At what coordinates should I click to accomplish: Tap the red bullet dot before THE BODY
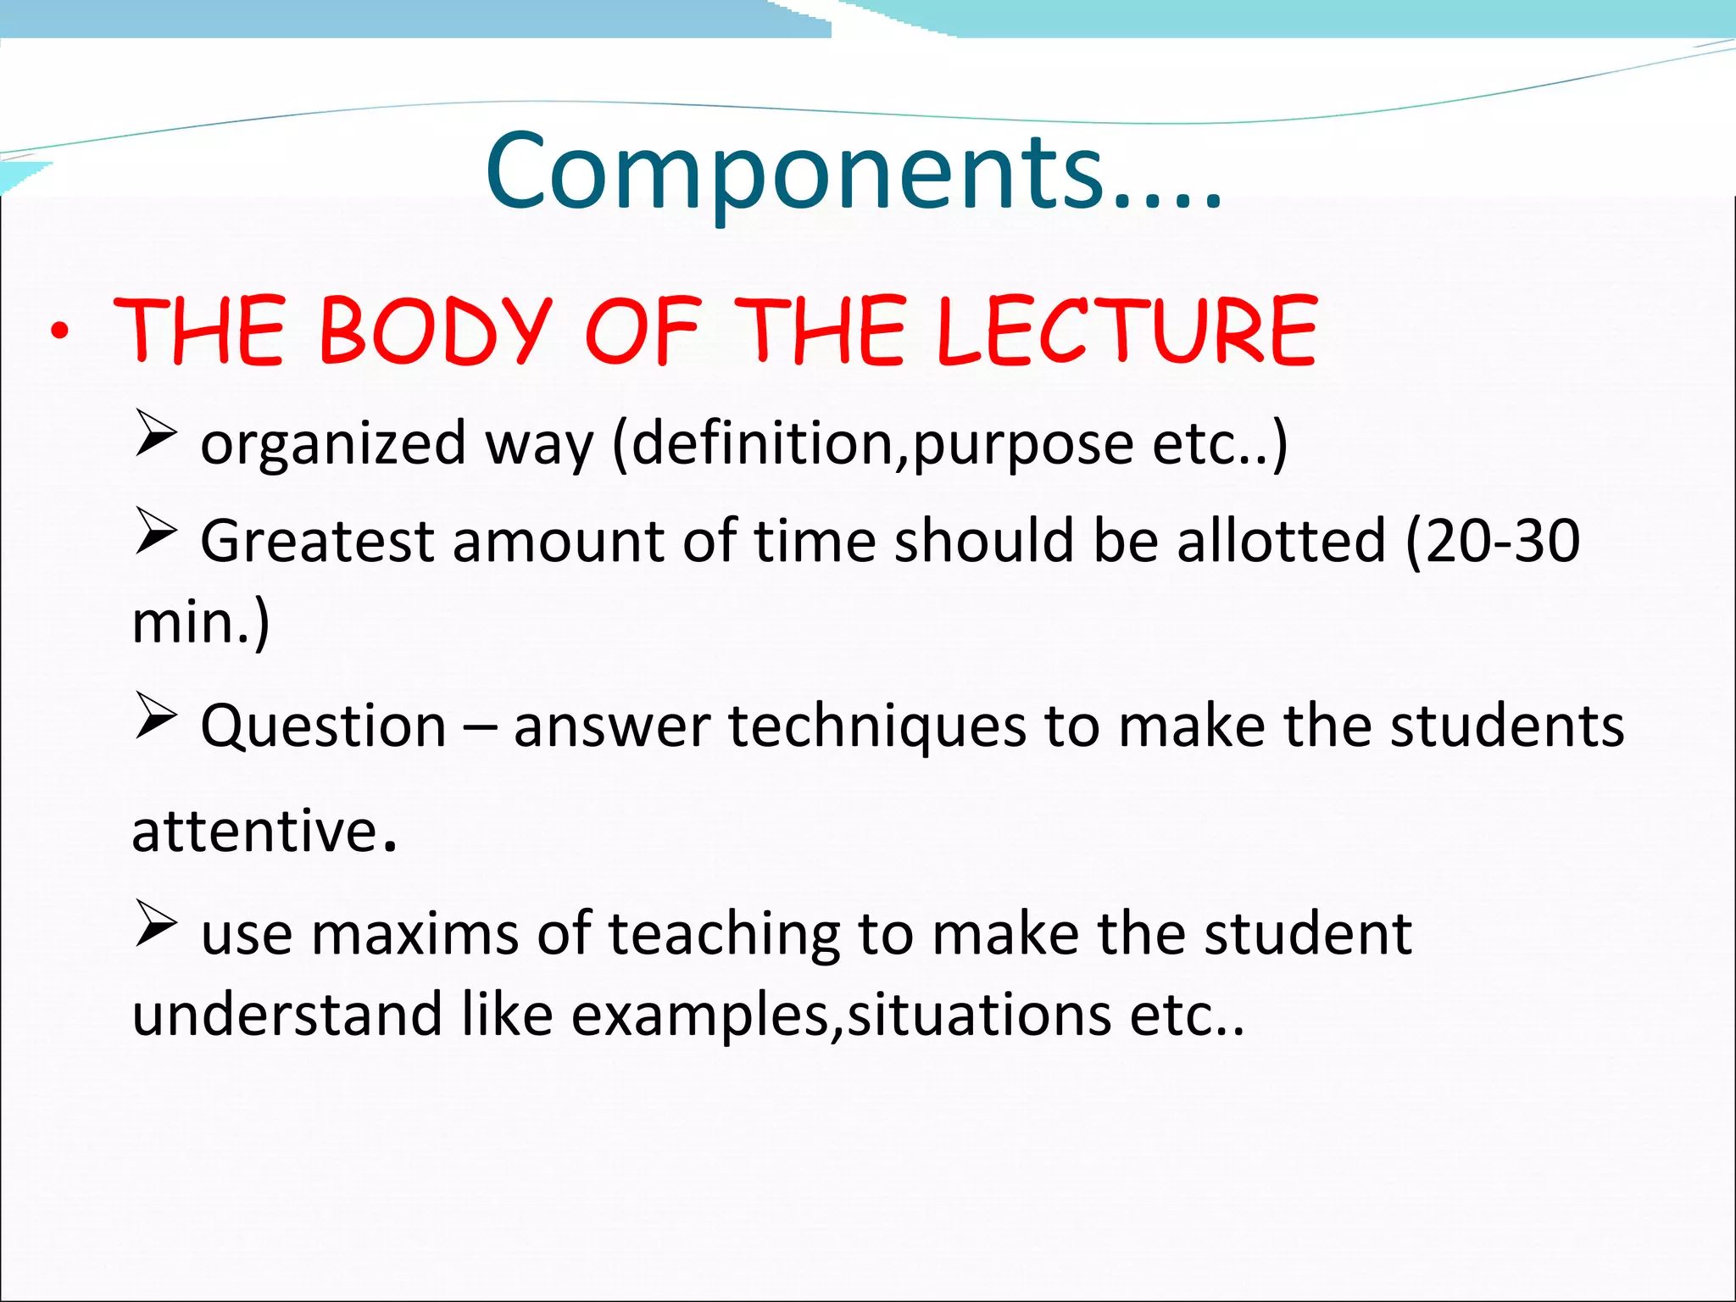(58, 332)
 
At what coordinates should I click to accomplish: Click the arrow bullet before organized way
(156, 433)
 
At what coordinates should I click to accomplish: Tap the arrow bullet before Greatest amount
(156, 531)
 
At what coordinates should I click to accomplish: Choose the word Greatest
(317, 541)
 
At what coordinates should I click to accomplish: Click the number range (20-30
(1493, 541)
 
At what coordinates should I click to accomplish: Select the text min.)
(201, 623)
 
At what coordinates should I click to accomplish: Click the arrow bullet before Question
(156, 716)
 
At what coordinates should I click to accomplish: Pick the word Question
(323, 726)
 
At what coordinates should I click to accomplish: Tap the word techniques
(877, 726)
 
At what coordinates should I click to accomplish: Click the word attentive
(255, 831)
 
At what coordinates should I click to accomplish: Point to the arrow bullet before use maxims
(156, 924)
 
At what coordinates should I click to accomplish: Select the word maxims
(415, 934)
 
